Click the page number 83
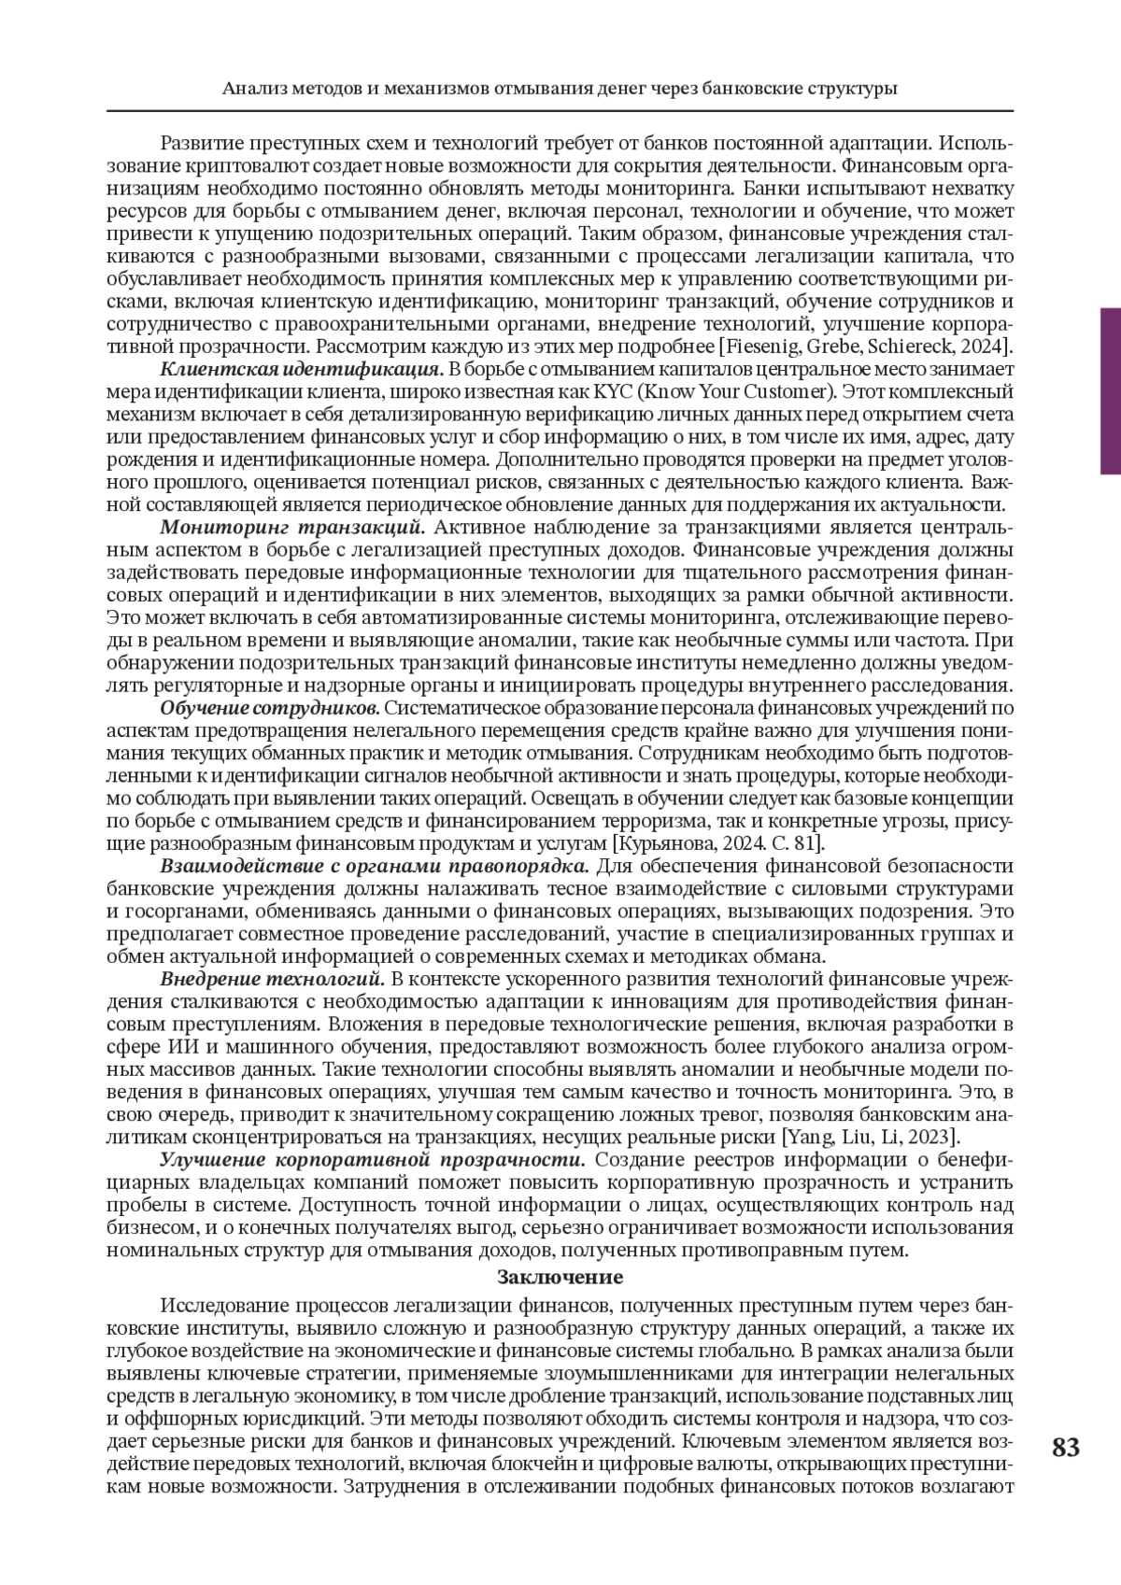pyautogui.click(x=1065, y=1448)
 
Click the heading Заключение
pyautogui.click(x=560, y=1277)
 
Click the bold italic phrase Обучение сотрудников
pyautogui.click(x=269, y=707)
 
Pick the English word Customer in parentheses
pyautogui.click(x=790, y=392)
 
